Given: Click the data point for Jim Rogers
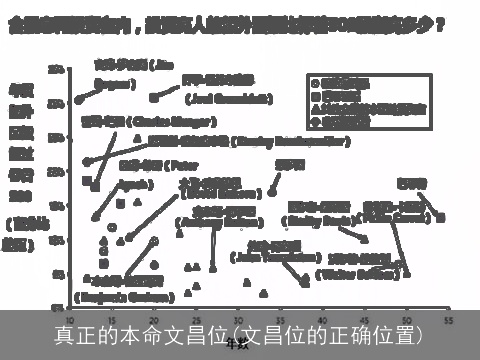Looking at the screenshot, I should point(78,100).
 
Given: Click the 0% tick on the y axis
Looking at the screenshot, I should point(59,307).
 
